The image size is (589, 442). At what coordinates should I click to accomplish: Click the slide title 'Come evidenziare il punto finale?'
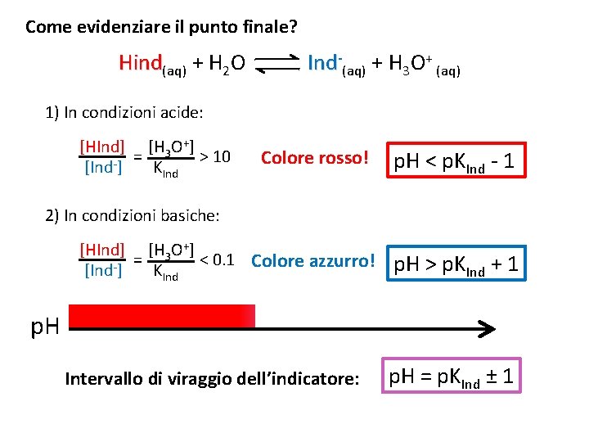pos(161,27)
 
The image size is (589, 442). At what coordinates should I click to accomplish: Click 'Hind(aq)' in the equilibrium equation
pos(152,64)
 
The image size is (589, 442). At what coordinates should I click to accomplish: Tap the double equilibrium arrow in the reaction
pos(277,64)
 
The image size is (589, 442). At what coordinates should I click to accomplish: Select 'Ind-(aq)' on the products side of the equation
pos(335,64)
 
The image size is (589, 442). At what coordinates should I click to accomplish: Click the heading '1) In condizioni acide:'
pos(124,111)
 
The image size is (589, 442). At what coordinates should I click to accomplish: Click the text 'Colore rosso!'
pos(315,157)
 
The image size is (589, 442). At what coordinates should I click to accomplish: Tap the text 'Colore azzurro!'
pos(313,261)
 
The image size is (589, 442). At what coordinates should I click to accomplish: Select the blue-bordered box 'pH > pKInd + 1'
pos(456,264)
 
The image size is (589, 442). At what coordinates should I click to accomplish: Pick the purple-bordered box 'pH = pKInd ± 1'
pos(451,377)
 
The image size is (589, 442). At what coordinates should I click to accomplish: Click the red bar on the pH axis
pos(162,316)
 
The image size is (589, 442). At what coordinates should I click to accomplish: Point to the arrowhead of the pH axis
pos(488,330)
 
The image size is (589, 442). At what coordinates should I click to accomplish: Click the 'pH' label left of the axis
pos(44,328)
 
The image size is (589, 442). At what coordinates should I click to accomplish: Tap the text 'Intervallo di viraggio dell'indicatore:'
pos(211,379)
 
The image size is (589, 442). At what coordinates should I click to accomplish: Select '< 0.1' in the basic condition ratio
pos(218,260)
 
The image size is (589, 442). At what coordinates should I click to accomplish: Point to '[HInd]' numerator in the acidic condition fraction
pos(102,148)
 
